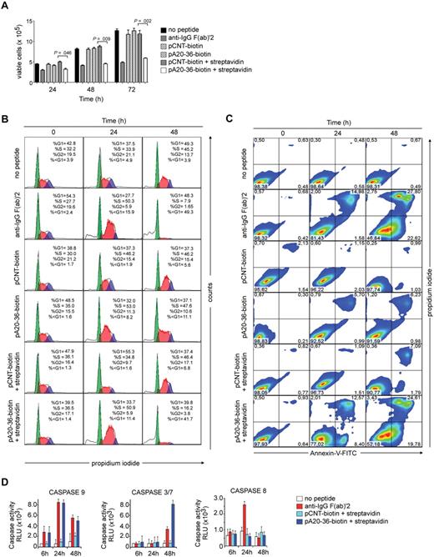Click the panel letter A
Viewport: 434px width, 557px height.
[6, 7]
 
